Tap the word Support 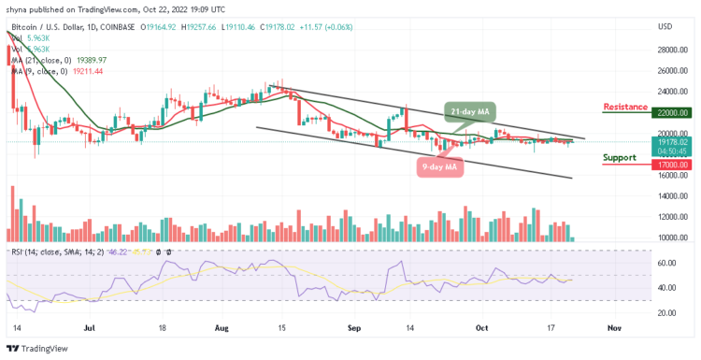click(x=620, y=158)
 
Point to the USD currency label click(x=665, y=25)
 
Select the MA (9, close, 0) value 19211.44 click(x=92, y=70)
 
